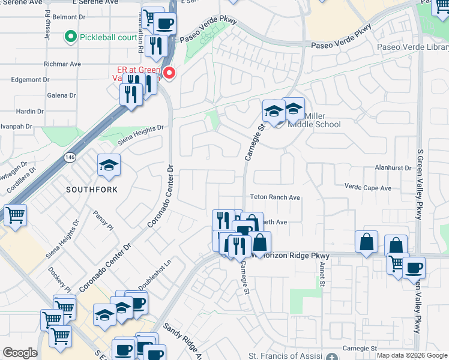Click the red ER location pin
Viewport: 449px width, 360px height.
[x=170, y=74]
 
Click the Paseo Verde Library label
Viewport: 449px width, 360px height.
[x=412, y=47]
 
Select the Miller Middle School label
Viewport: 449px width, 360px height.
[x=314, y=120]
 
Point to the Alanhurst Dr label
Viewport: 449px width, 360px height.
[x=391, y=169]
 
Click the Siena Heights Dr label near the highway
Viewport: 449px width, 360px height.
[x=140, y=133]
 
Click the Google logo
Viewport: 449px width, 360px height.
[x=20, y=353]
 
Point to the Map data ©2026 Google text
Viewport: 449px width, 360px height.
[x=412, y=355]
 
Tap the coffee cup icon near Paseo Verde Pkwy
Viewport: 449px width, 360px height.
[x=164, y=25]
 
